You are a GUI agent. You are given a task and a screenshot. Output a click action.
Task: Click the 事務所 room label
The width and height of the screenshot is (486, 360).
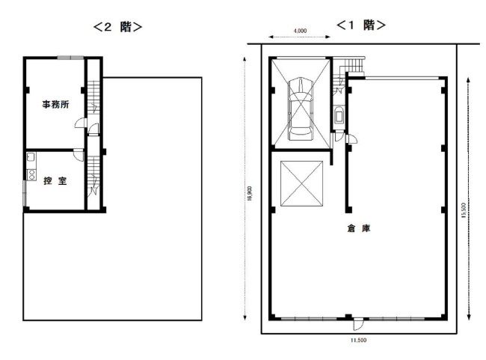pos(55,104)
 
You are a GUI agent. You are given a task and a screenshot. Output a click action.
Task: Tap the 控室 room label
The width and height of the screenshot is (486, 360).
pos(55,180)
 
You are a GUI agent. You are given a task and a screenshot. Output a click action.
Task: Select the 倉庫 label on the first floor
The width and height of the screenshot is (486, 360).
pos(359,228)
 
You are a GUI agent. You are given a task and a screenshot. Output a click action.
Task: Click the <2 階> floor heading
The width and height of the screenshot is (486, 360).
pos(118,27)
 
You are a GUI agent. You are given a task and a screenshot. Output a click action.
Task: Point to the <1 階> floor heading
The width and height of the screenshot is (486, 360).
pos(361,25)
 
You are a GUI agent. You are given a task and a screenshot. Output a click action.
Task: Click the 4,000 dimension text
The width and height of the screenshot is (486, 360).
pos(300,31)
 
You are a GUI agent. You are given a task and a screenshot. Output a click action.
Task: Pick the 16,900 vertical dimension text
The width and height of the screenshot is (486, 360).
pos(250,193)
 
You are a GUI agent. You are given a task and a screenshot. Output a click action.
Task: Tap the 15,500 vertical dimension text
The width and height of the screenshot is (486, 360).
pos(464,210)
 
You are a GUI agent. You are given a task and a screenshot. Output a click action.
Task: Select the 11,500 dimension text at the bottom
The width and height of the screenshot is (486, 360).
pos(359,340)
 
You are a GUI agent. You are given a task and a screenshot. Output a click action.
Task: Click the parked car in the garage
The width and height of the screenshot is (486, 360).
pos(300,109)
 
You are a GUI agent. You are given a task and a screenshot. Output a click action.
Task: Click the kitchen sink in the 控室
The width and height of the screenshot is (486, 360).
pos(31,157)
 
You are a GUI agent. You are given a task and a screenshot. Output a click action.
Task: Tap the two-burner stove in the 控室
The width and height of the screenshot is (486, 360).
pos(31,174)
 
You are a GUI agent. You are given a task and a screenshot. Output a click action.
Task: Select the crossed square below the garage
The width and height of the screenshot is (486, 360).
pos(301,183)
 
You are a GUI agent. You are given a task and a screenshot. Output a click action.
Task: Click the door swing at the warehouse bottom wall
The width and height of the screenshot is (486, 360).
pos(357,325)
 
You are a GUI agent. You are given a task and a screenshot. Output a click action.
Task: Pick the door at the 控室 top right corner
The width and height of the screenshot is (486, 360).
pos(79,155)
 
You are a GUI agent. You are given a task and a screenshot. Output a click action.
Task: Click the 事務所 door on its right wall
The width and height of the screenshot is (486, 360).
pos(80,123)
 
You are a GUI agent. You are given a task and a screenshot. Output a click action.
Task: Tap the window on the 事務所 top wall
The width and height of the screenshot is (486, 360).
pos(71,58)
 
